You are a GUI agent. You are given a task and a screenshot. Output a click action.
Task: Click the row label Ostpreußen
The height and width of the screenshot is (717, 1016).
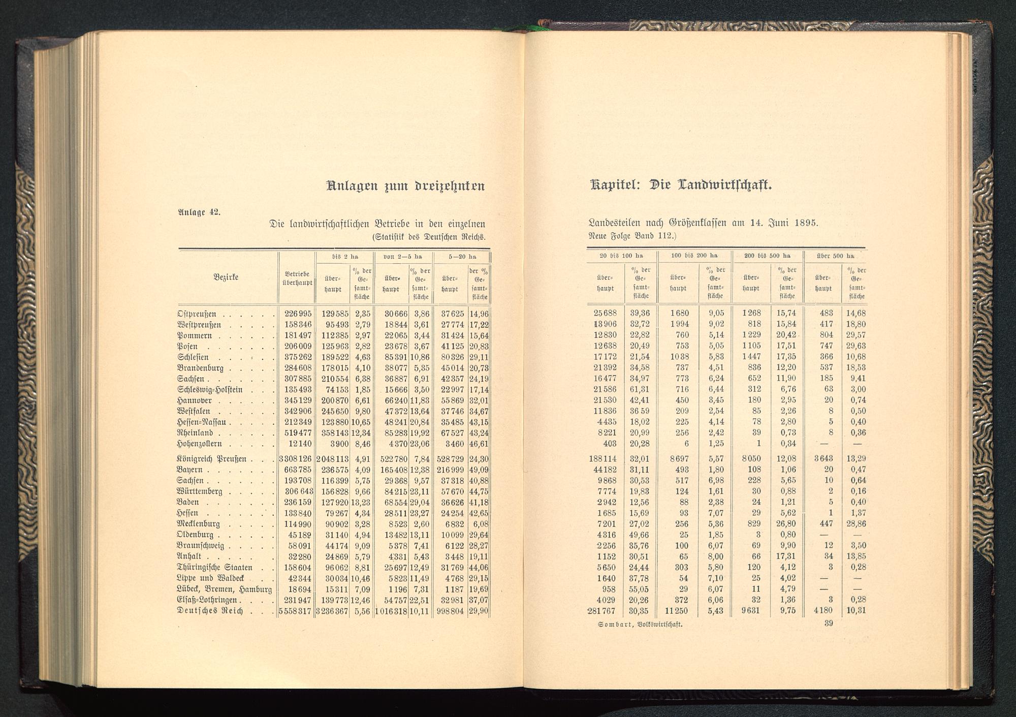197,314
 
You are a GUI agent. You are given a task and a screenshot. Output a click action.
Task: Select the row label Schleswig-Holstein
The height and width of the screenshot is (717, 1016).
210,390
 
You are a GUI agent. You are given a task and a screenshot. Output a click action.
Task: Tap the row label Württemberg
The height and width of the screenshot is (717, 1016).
199,491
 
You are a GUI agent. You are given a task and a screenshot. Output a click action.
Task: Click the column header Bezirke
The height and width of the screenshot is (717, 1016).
226,277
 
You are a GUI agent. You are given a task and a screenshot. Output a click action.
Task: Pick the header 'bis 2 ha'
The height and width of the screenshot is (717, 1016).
345,257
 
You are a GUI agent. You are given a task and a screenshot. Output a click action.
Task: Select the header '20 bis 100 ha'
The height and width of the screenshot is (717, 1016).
621,256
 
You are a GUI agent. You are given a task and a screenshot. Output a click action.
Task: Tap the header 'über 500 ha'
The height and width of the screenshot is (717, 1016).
835,256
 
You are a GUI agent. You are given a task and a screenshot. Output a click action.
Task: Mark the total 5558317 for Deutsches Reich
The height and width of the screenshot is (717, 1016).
295,611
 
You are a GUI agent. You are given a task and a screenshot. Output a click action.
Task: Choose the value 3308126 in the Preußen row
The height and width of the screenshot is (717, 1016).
295,459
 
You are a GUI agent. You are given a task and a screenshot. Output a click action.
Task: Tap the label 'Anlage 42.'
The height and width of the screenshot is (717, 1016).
199,212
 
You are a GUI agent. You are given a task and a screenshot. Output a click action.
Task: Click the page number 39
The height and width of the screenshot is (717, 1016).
828,624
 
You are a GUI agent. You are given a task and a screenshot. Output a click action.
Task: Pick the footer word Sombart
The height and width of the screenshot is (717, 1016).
616,625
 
